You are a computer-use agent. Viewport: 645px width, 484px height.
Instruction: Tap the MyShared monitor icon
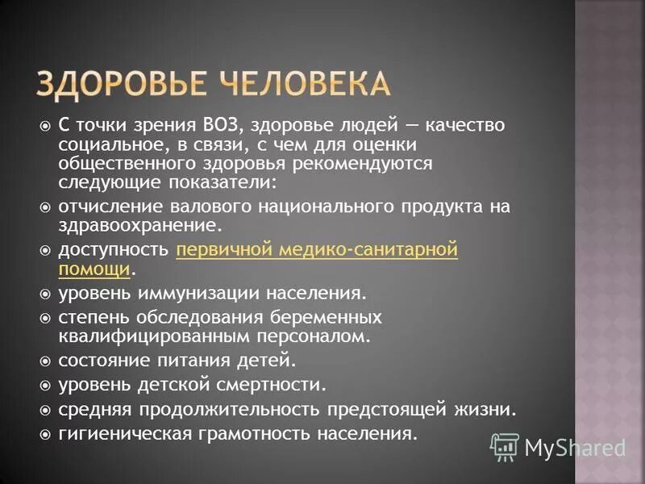tap(505, 446)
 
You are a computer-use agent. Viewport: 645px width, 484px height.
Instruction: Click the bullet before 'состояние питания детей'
tap(45, 360)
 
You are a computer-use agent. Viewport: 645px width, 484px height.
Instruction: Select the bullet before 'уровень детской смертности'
tap(45, 385)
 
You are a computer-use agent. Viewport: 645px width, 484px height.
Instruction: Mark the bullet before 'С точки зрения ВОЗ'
tap(45, 126)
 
